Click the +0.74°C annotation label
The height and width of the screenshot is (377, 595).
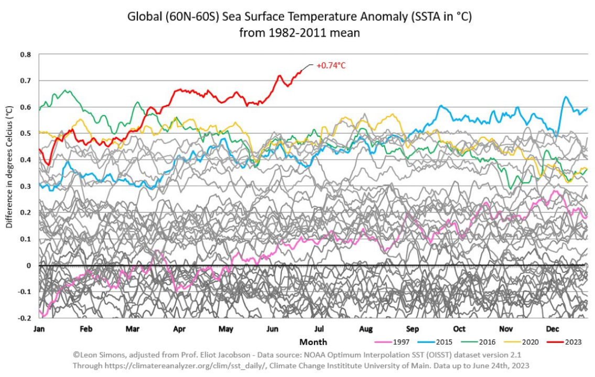331,65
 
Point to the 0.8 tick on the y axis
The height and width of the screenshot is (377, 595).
26,54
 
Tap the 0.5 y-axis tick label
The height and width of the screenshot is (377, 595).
26,134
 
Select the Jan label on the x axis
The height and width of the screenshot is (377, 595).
39,329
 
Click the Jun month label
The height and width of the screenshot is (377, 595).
272,329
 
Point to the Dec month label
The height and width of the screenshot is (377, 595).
553,329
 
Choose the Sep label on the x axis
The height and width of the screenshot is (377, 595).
412,329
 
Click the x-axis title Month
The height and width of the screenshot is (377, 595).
313,342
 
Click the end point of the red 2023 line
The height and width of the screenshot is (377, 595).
302,71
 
